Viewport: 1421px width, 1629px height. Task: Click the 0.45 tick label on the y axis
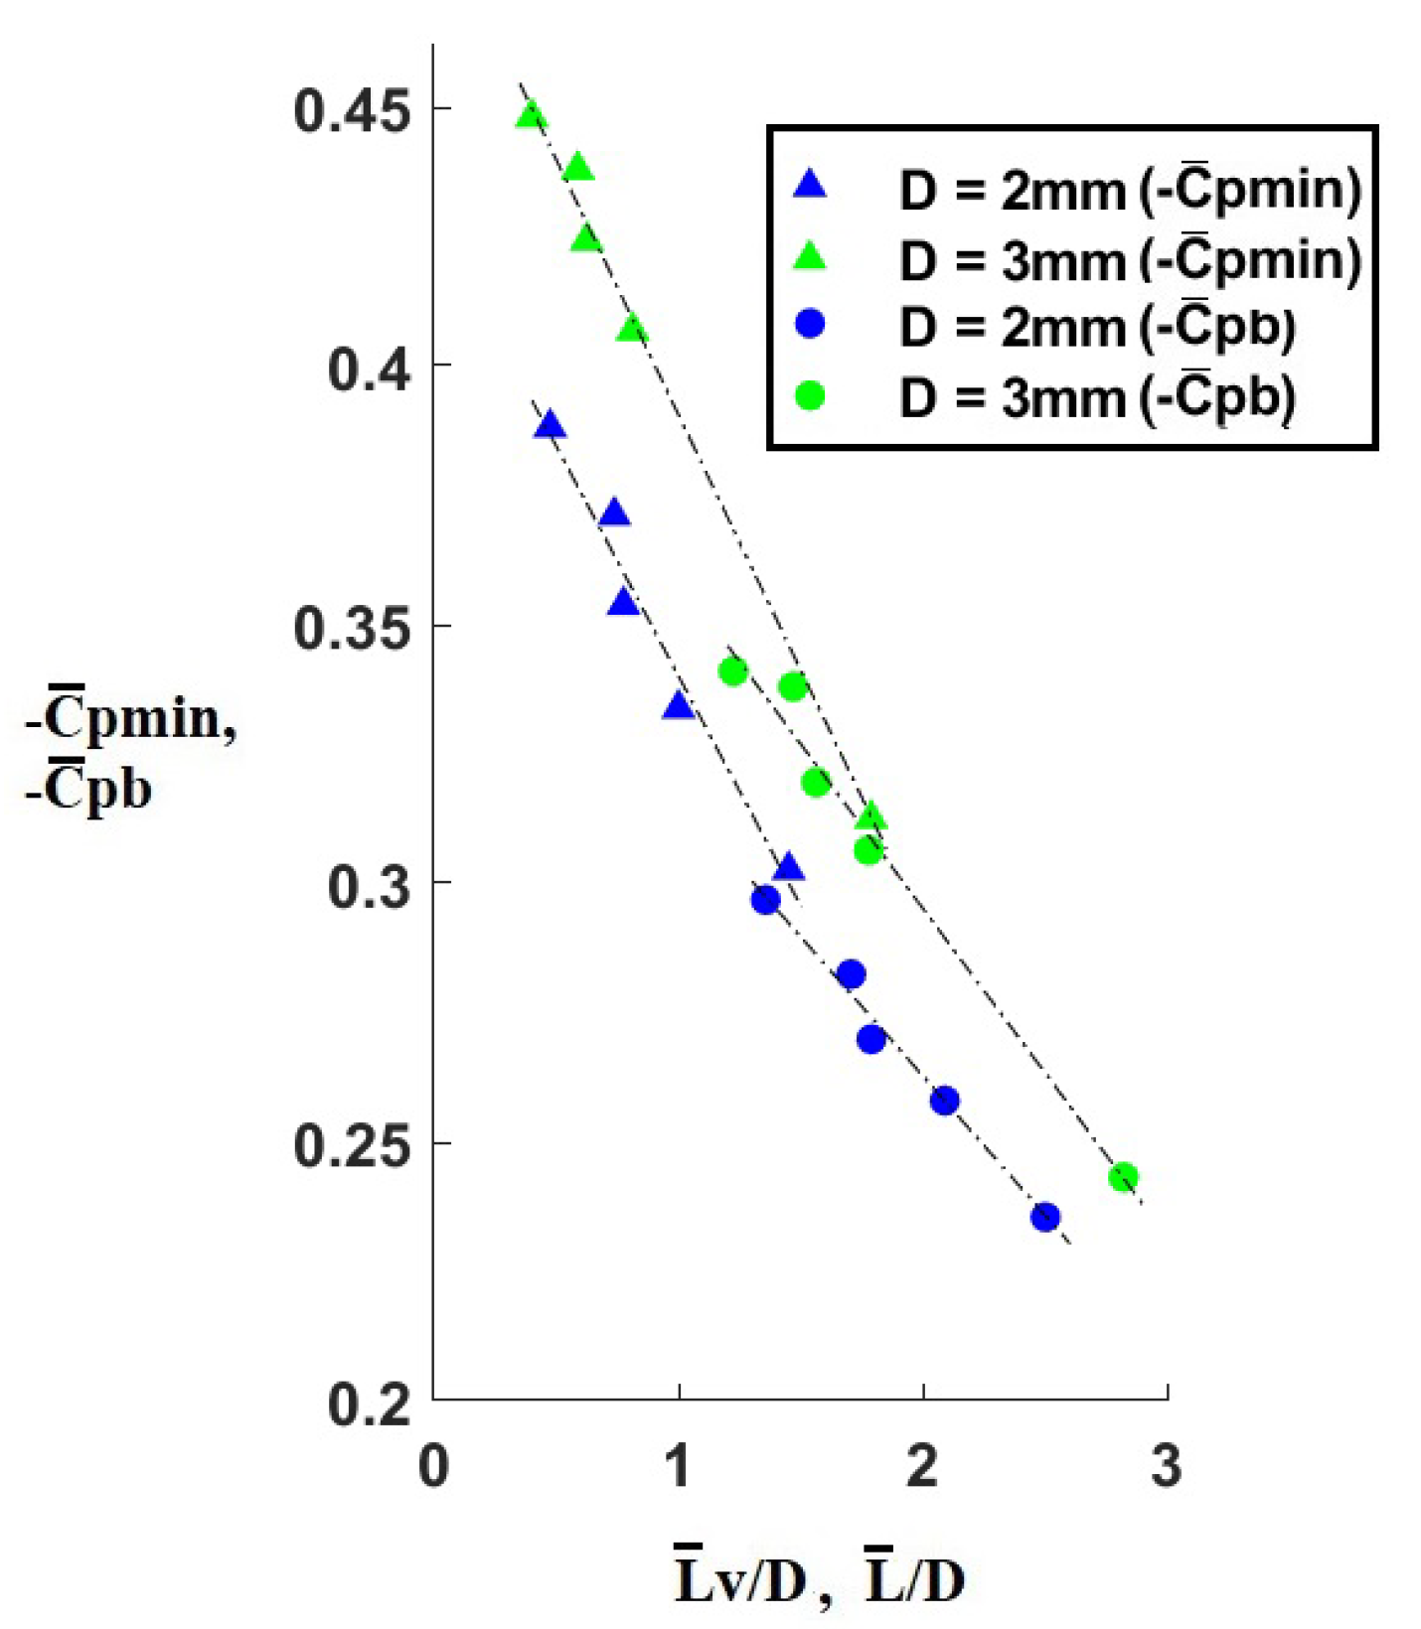(352, 109)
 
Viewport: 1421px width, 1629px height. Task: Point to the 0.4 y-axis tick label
(369, 368)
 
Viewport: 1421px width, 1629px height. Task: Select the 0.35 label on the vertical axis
(352, 627)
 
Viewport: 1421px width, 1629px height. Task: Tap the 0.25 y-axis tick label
(352, 1144)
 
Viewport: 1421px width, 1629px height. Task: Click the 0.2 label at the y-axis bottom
(369, 1403)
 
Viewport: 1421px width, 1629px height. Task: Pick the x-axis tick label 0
(433, 1465)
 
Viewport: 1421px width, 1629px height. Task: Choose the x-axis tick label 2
(923, 1465)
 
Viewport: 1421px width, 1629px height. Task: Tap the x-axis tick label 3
(1167, 1465)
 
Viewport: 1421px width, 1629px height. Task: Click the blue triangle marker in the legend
(811, 184)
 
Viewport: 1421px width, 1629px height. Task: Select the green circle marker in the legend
(811, 395)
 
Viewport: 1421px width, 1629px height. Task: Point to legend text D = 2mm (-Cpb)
(1097, 328)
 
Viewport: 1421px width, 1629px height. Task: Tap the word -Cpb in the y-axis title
(89, 789)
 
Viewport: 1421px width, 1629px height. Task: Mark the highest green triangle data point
(532, 115)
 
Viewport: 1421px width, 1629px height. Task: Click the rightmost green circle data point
(1123, 1177)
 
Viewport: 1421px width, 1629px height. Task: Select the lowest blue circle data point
(1045, 1217)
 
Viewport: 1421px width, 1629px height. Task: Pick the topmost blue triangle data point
(550, 426)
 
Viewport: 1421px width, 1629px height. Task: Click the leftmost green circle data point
(732, 671)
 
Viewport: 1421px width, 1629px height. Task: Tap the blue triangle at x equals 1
(679, 706)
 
